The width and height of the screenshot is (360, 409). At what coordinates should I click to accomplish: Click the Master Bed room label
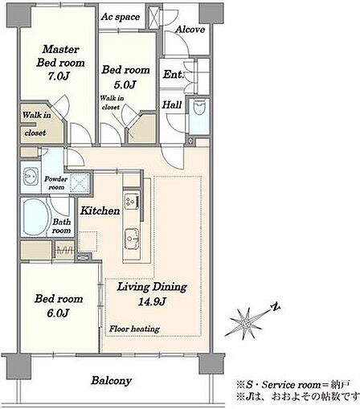60,56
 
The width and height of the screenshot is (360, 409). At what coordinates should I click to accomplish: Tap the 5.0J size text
125,84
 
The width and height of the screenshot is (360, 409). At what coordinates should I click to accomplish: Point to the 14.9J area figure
152,301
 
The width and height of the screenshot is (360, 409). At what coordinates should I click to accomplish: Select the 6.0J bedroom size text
58,313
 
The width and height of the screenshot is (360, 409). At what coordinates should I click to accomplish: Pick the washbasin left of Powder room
31,176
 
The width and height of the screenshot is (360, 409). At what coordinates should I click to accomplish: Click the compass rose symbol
244,324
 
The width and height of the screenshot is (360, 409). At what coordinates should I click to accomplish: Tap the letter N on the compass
275,307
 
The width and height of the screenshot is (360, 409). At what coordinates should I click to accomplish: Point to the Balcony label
111,381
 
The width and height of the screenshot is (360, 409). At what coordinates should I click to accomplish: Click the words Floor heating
134,329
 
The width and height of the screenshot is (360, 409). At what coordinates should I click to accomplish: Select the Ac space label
121,17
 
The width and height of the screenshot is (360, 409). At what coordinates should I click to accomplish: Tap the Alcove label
190,29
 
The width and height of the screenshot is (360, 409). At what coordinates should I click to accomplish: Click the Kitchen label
100,211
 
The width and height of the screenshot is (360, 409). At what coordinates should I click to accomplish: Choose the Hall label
172,104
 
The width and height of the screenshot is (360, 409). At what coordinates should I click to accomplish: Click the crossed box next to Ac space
154,17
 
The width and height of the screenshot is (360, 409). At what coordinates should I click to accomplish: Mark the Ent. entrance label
173,75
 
